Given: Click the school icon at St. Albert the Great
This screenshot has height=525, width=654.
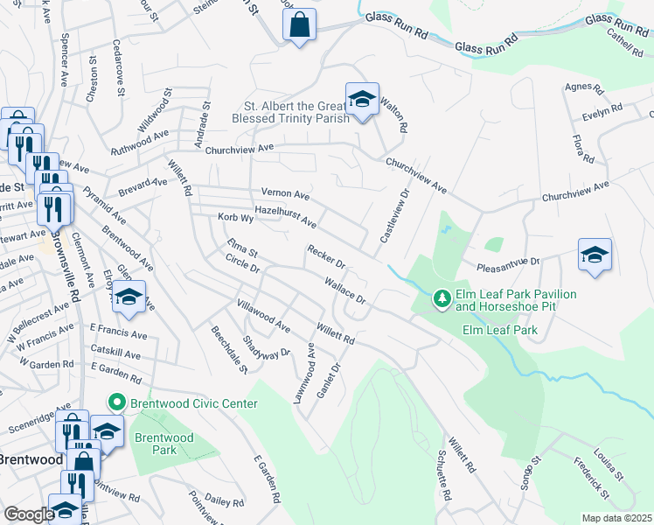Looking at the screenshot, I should pos(361,100).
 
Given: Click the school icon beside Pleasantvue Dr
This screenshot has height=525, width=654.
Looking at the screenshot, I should pos(595,255).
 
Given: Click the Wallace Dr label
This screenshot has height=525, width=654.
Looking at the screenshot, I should pos(344,290).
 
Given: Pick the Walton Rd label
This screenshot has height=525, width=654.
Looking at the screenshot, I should pos(396,115).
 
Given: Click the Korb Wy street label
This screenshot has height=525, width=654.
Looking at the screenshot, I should pos(235,217).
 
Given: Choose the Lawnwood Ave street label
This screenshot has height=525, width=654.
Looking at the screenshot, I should pos(303,373).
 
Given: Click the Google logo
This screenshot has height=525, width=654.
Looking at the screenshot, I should pos(29,514).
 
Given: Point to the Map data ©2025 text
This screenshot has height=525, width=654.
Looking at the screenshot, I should pos(616,518).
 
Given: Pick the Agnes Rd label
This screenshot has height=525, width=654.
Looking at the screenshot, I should pos(585,88).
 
